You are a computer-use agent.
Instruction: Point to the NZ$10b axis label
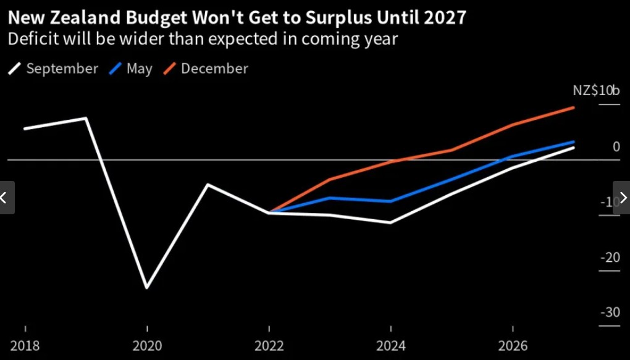coord(596,91)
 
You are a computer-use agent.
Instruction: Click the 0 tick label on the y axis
coord(616,146)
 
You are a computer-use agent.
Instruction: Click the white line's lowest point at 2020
coord(146,288)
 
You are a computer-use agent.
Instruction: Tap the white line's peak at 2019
coord(86,118)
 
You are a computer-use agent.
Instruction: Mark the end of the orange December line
coord(574,107)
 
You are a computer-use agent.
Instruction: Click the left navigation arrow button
coord(6,198)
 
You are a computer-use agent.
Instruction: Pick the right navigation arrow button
coord(622,198)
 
